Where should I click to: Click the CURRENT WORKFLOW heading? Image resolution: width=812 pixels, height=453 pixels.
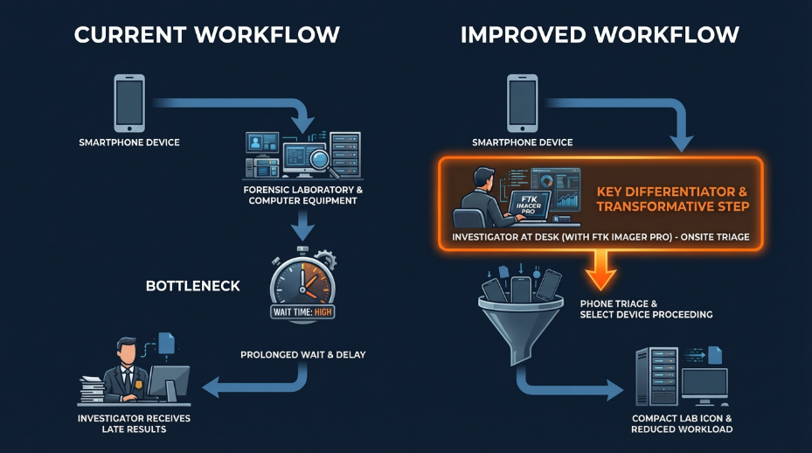[x=206, y=35]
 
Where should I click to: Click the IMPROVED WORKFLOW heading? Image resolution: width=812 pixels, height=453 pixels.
[x=600, y=35]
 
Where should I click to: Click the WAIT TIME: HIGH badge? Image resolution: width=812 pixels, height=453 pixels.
[x=302, y=311]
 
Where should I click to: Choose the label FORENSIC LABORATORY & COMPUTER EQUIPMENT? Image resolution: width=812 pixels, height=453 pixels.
[x=302, y=194]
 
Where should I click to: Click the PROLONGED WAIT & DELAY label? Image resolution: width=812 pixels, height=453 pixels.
[x=302, y=354]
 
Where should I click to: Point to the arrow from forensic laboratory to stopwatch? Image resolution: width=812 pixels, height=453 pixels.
[x=302, y=226]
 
